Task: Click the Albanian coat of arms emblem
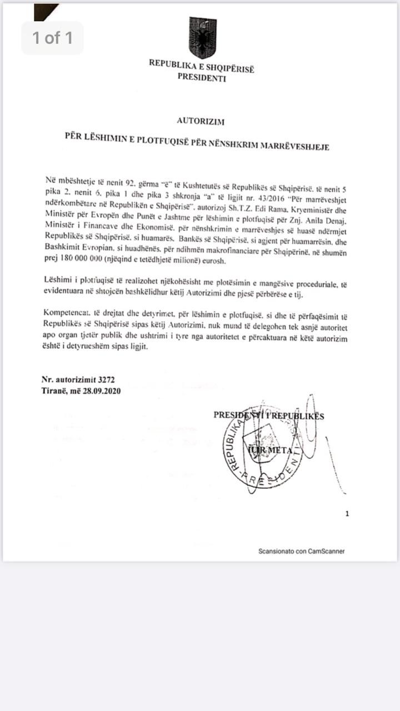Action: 202,37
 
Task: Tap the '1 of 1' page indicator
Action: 52,38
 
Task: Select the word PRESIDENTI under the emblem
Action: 202,78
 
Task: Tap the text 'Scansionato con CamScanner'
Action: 301,551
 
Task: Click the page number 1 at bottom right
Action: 347,514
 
